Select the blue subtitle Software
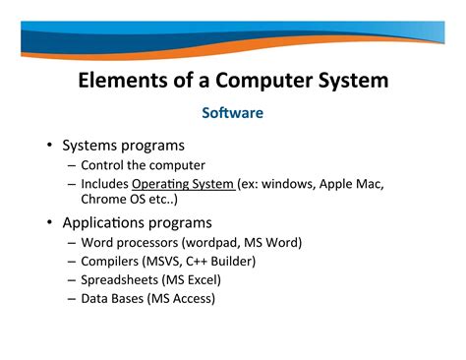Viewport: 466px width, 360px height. pos(232,113)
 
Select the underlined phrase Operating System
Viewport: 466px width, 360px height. pos(184,183)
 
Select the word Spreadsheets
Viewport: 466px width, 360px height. pos(120,279)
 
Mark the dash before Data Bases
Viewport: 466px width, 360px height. pos(72,298)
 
